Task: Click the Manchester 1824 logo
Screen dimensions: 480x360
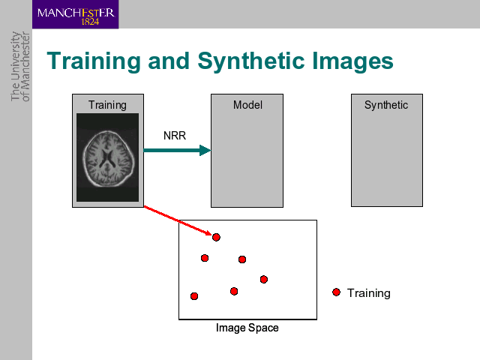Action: click(x=75, y=14)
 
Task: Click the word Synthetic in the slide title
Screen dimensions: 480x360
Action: click(x=251, y=61)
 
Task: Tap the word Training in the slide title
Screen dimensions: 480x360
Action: click(x=94, y=61)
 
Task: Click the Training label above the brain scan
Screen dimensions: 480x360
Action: click(x=107, y=105)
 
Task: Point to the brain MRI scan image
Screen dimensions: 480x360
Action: click(x=107, y=157)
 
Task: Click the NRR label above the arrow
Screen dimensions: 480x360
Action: click(x=175, y=135)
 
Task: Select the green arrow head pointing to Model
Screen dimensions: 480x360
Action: click(x=205, y=150)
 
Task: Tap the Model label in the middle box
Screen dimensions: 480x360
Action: click(x=247, y=105)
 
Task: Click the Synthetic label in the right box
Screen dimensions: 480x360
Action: click(x=386, y=105)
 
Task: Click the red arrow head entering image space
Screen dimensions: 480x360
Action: click(x=208, y=233)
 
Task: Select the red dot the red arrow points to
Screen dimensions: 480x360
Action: click(x=216, y=237)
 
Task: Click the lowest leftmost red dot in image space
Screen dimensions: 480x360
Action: click(x=194, y=296)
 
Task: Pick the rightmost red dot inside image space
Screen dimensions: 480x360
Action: click(x=264, y=279)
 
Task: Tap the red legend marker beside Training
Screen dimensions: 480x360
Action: click(x=336, y=292)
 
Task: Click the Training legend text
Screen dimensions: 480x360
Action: click(x=368, y=293)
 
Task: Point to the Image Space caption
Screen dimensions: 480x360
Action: click(x=247, y=328)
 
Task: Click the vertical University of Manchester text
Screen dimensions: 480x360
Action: click(x=20, y=67)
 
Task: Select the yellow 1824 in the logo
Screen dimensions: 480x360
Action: click(x=90, y=22)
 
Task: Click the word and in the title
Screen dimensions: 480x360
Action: click(x=169, y=61)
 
